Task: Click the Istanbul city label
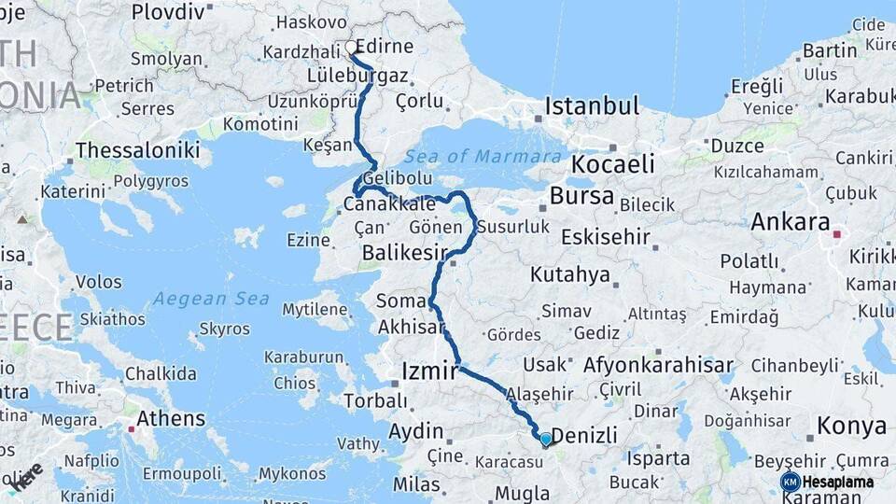point(592,105)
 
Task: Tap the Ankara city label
point(791,222)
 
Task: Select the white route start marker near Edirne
point(351,47)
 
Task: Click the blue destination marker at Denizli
point(546,439)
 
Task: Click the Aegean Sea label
point(211,299)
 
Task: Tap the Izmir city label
point(429,371)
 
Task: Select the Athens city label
point(171,417)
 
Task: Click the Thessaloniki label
point(137,149)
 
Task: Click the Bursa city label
point(581,196)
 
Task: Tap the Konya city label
point(851,426)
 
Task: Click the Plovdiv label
point(167,12)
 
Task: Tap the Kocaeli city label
point(612,164)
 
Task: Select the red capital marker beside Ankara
point(837,233)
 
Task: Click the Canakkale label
point(389,203)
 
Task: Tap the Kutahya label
point(569,274)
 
